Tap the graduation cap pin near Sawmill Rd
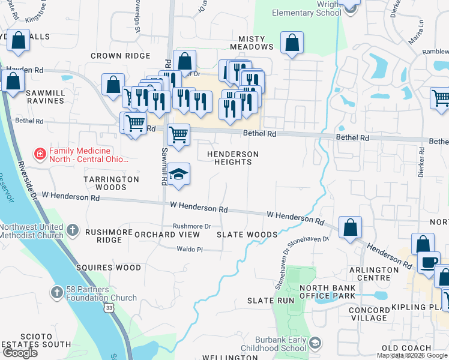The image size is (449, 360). click(x=178, y=174)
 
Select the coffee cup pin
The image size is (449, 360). click(x=429, y=262)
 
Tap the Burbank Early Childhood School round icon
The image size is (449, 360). click(x=316, y=343)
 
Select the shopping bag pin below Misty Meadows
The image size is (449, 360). click(x=292, y=43)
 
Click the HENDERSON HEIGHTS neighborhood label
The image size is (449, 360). click(x=233, y=158)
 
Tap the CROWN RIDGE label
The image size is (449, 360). click(x=120, y=56)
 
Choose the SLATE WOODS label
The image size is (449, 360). click(x=247, y=235)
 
